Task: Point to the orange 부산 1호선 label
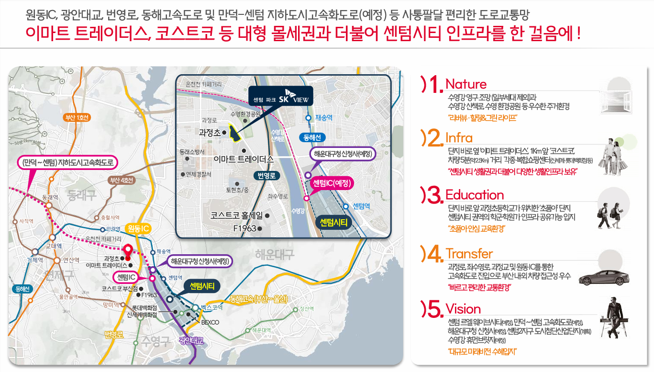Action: [77, 118]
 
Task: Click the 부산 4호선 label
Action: [122, 180]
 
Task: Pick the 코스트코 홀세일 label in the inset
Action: [236, 216]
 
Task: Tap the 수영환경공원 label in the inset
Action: [245, 114]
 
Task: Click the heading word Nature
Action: [466, 84]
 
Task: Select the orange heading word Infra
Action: [459, 138]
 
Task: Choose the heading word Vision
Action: [463, 308]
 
